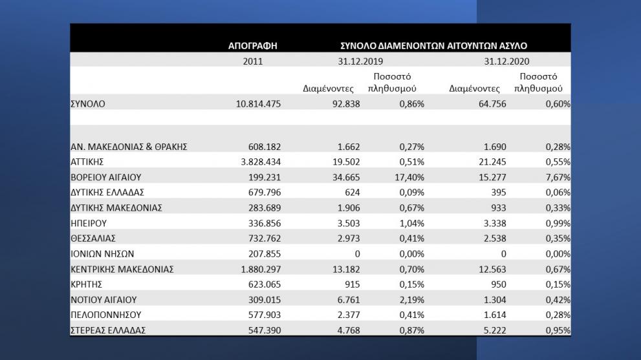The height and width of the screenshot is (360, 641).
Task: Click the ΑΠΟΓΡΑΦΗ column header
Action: click(253, 46)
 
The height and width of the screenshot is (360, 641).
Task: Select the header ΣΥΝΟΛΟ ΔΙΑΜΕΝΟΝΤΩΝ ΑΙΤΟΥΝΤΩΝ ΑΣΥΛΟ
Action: click(433, 46)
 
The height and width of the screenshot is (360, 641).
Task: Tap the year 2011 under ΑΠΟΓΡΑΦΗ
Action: click(253, 62)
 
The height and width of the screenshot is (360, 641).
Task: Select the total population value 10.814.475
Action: click(259, 103)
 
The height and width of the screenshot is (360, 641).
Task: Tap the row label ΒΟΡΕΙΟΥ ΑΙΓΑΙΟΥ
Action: click(105, 177)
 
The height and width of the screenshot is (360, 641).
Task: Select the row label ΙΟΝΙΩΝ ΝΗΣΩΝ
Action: click(102, 254)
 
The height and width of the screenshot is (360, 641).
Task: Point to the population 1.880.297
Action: click(259, 270)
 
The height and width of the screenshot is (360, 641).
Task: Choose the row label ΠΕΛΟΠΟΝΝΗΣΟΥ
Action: click(105, 315)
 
